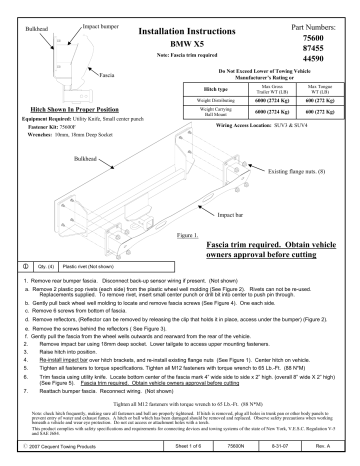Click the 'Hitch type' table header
coord(216,90)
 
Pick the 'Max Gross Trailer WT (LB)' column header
coord(263,90)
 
